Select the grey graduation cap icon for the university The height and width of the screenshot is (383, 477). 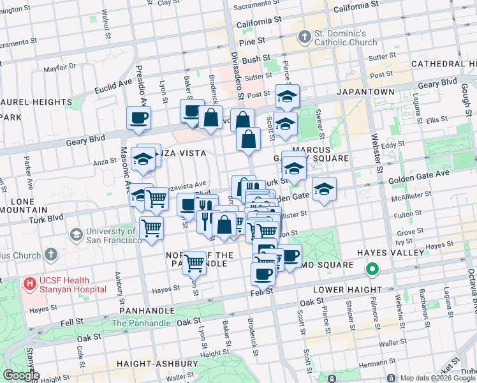point(77,234)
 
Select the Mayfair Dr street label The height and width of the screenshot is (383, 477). point(60,66)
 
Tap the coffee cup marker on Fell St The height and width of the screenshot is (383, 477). point(263,274)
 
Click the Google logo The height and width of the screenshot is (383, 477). point(21,375)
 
